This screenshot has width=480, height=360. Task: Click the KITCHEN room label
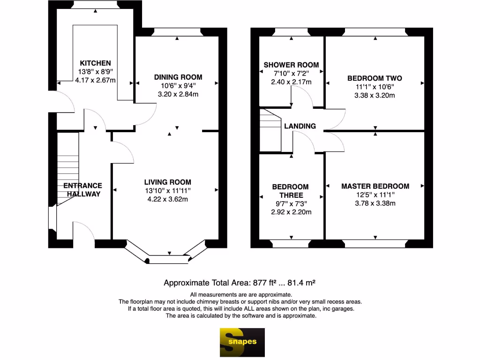pyautogui.click(x=95, y=63)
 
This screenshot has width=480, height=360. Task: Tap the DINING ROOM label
pyautogui.click(x=178, y=77)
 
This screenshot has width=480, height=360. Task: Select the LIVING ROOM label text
pyautogui.click(x=167, y=182)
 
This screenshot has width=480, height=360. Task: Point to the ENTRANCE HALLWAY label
pyautogui.click(x=83, y=189)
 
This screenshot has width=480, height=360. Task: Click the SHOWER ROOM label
pyautogui.click(x=291, y=65)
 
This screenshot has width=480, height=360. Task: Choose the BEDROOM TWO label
pyautogui.click(x=375, y=78)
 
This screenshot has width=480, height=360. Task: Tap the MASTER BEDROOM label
pyautogui.click(x=375, y=186)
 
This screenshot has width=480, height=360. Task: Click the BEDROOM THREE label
pyautogui.click(x=291, y=191)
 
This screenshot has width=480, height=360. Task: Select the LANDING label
pyautogui.click(x=300, y=126)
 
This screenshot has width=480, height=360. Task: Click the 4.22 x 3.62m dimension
pyautogui.click(x=167, y=199)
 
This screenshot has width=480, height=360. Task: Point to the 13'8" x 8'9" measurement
pyautogui.click(x=95, y=72)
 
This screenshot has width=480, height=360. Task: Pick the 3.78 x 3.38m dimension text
pyautogui.click(x=375, y=203)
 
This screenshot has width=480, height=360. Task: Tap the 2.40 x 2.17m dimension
pyautogui.click(x=291, y=82)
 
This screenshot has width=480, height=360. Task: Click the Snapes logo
pyautogui.click(x=242, y=342)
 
